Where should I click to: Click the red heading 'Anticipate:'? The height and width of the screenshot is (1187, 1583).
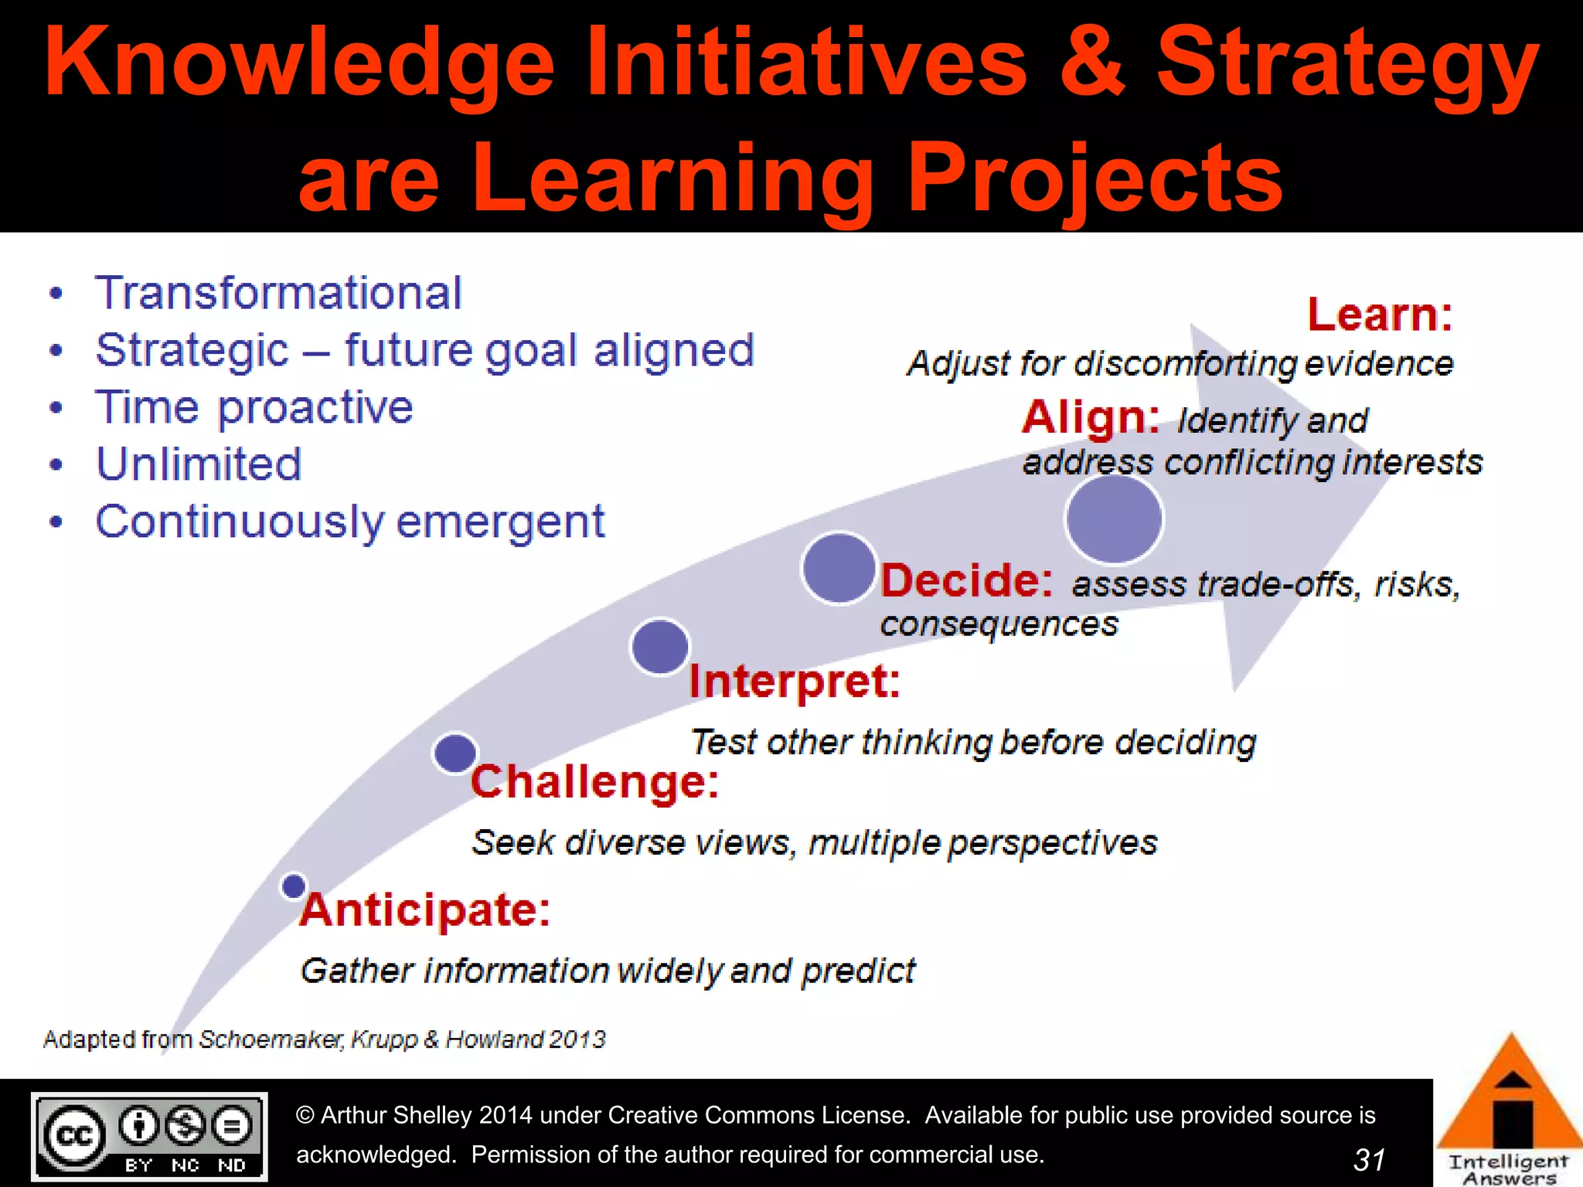[425, 910]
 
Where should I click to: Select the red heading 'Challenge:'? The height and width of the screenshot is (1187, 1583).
[594, 781]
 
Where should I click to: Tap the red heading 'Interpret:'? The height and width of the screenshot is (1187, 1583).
[795, 682]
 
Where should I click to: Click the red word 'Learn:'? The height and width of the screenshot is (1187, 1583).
[1380, 315]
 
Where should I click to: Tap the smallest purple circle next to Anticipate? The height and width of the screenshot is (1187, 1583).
[294, 886]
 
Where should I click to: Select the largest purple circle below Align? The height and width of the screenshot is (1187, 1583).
[1114, 519]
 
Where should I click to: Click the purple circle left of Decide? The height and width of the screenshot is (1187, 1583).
[839, 568]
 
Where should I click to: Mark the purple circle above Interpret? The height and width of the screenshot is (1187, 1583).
[659, 646]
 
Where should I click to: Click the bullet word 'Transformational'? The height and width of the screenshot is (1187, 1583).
[278, 293]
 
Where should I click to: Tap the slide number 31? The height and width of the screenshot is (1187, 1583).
[1369, 1159]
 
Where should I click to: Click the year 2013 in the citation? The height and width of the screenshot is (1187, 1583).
[578, 1039]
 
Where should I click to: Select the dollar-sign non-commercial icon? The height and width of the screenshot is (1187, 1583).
[186, 1125]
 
